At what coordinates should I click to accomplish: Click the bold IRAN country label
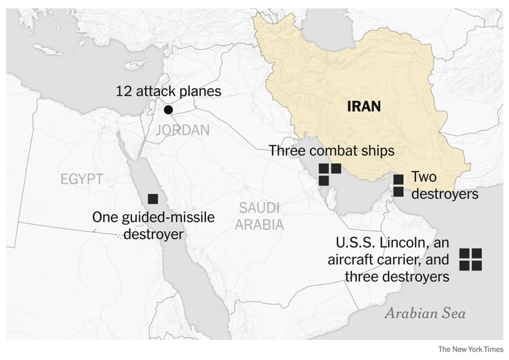[x=364, y=106]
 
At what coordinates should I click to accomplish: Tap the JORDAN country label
[x=182, y=131]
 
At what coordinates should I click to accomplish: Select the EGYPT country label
[x=82, y=179]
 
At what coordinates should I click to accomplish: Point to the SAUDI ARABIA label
[x=259, y=216]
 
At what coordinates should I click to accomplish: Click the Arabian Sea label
[x=425, y=314]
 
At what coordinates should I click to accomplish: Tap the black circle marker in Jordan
[x=168, y=110]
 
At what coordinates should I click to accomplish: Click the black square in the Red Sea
[x=153, y=199]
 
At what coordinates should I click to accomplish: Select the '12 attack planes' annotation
[x=168, y=91]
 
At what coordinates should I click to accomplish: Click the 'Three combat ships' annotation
[x=331, y=151]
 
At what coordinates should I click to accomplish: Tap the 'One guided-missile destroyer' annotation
[x=153, y=225]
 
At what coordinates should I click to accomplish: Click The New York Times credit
[x=470, y=349]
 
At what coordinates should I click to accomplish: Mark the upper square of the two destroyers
[x=398, y=179]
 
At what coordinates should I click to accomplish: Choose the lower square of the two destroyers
[x=398, y=192]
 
